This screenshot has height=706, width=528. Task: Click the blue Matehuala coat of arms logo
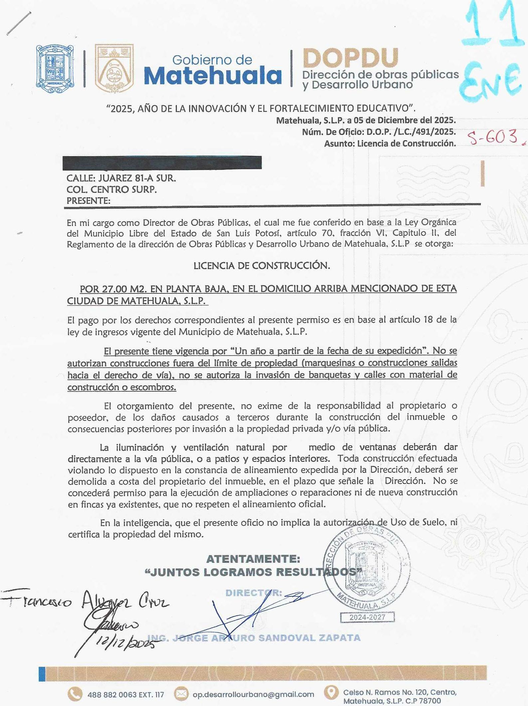pos(55,69)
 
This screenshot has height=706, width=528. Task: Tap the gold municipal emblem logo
pos(114,68)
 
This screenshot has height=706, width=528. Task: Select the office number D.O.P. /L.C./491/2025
pos(411,132)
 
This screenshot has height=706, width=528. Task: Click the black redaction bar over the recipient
pos(162,163)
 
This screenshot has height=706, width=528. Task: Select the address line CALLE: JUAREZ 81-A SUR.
pos(121,178)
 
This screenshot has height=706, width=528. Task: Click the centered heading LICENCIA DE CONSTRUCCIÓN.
pos(262,266)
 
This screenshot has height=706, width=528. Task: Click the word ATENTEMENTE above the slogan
pos(253,559)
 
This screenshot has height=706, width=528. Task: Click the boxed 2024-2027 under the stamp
pos(367,617)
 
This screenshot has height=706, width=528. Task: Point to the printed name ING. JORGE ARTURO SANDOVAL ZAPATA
pos(254,638)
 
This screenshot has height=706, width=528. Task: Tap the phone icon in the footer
pos(75,694)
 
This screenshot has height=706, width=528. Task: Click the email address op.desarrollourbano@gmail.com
pos(253,694)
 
